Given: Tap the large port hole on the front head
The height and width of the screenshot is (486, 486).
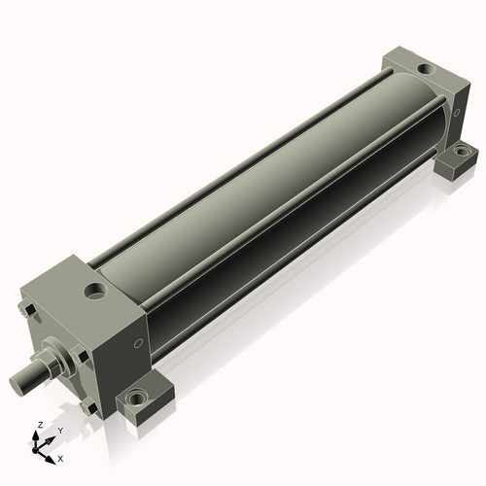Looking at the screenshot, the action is coord(95,290).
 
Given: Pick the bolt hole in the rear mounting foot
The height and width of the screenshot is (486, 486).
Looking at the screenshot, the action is coord(461,151).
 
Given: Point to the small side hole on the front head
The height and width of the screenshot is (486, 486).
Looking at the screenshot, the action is coord(139,343).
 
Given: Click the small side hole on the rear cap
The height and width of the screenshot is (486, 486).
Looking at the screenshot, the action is coord(457,113).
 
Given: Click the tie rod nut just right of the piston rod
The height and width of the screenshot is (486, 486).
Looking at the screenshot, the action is coord(80,355).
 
